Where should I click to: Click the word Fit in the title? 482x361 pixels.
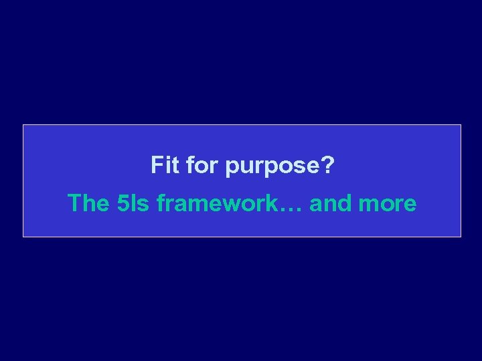pos(165,164)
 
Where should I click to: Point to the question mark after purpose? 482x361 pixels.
pos(327,164)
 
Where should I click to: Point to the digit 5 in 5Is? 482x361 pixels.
pos(122,203)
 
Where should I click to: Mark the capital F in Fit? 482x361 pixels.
pos(157,164)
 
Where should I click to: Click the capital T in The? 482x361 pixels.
pos(75,203)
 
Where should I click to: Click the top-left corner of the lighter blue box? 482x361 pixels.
pos(23,125)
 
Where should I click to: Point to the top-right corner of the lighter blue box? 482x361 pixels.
pos(461,125)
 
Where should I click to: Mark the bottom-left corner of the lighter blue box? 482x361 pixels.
pos(23,237)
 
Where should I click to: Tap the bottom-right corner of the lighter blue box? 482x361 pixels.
pos(461,237)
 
